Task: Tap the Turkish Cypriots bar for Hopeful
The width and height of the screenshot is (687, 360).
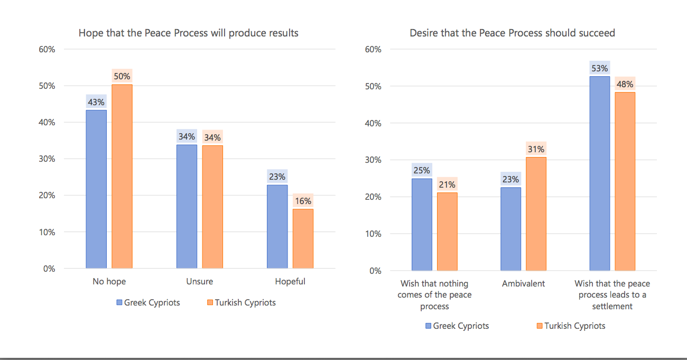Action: [303, 238]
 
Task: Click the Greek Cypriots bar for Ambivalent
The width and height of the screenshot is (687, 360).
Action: [510, 229]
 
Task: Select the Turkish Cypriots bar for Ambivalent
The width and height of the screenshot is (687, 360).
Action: [536, 214]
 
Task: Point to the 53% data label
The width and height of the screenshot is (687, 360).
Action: [600, 68]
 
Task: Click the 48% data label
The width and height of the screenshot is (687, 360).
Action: [625, 84]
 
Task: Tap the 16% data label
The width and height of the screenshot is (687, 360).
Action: [303, 201]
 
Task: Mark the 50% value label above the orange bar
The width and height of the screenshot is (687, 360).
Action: [122, 76]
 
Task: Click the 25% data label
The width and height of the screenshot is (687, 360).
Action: [422, 170]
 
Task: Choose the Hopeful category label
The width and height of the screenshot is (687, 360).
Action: [290, 281]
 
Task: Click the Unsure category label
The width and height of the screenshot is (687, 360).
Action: [200, 281]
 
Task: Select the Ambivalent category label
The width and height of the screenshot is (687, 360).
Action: [523, 283]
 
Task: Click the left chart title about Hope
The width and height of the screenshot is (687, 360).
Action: [189, 33]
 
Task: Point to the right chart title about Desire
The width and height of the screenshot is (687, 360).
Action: [512, 33]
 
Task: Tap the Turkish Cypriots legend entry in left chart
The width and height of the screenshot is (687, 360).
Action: [241, 303]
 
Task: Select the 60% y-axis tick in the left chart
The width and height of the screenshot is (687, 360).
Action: [47, 49]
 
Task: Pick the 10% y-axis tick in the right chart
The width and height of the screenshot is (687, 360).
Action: [373, 234]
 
